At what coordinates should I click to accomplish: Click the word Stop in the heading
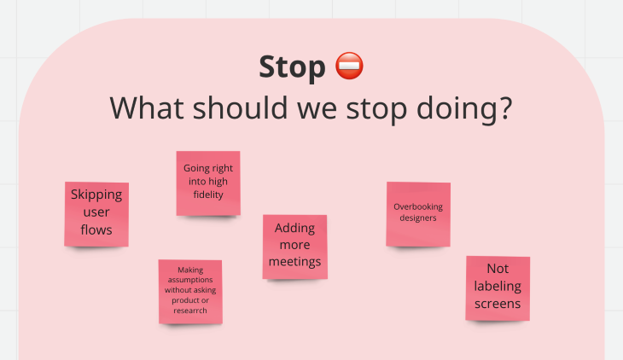click(x=292, y=67)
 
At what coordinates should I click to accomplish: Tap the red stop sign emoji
click(x=349, y=66)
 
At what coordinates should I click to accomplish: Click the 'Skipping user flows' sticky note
click(x=96, y=214)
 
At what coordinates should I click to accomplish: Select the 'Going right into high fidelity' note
click(x=208, y=183)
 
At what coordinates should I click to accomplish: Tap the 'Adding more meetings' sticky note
click(x=294, y=247)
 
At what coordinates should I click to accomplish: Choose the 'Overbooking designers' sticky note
click(x=418, y=214)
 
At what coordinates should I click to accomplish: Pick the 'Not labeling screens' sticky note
click(x=498, y=288)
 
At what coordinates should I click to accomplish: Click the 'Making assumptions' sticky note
click(x=190, y=292)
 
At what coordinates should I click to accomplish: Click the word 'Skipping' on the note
click(x=96, y=195)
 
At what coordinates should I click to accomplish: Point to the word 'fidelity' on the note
click(x=208, y=195)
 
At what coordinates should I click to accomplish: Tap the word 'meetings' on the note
click(x=294, y=262)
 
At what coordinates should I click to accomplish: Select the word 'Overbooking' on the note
click(x=418, y=206)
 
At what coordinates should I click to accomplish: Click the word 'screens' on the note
click(x=498, y=304)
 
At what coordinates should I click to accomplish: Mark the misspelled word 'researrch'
click(x=190, y=311)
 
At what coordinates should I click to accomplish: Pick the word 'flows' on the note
click(x=96, y=229)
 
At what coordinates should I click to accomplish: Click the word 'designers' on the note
click(x=418, y=218)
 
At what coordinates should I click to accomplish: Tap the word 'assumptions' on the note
click(x=190, y=280)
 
